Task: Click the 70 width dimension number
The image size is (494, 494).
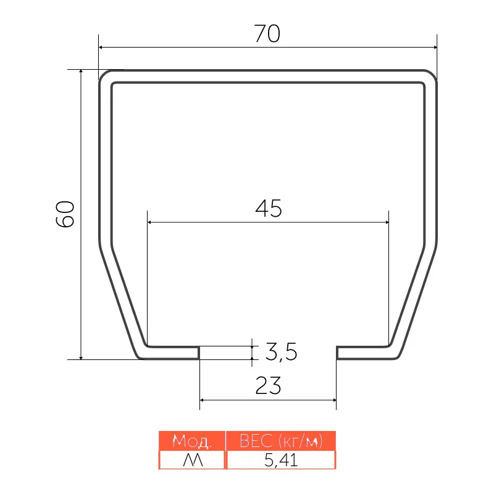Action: [x=267, y=33]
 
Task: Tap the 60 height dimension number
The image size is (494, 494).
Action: [x=65, y=214]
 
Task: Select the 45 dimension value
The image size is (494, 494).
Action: [x=269, y=208]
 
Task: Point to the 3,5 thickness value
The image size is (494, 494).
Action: [x=281, y=351]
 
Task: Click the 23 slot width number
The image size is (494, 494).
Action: [x=268, y=385]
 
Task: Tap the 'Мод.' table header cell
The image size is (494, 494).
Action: [x=192, y=441]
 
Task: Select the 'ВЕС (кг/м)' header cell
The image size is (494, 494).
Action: [x=281, y=441]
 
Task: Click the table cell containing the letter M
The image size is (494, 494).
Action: [x=192, y=460]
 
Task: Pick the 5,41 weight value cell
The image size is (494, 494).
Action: [x=281, y=460]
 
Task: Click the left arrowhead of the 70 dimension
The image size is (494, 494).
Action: [x=101, y=48]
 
